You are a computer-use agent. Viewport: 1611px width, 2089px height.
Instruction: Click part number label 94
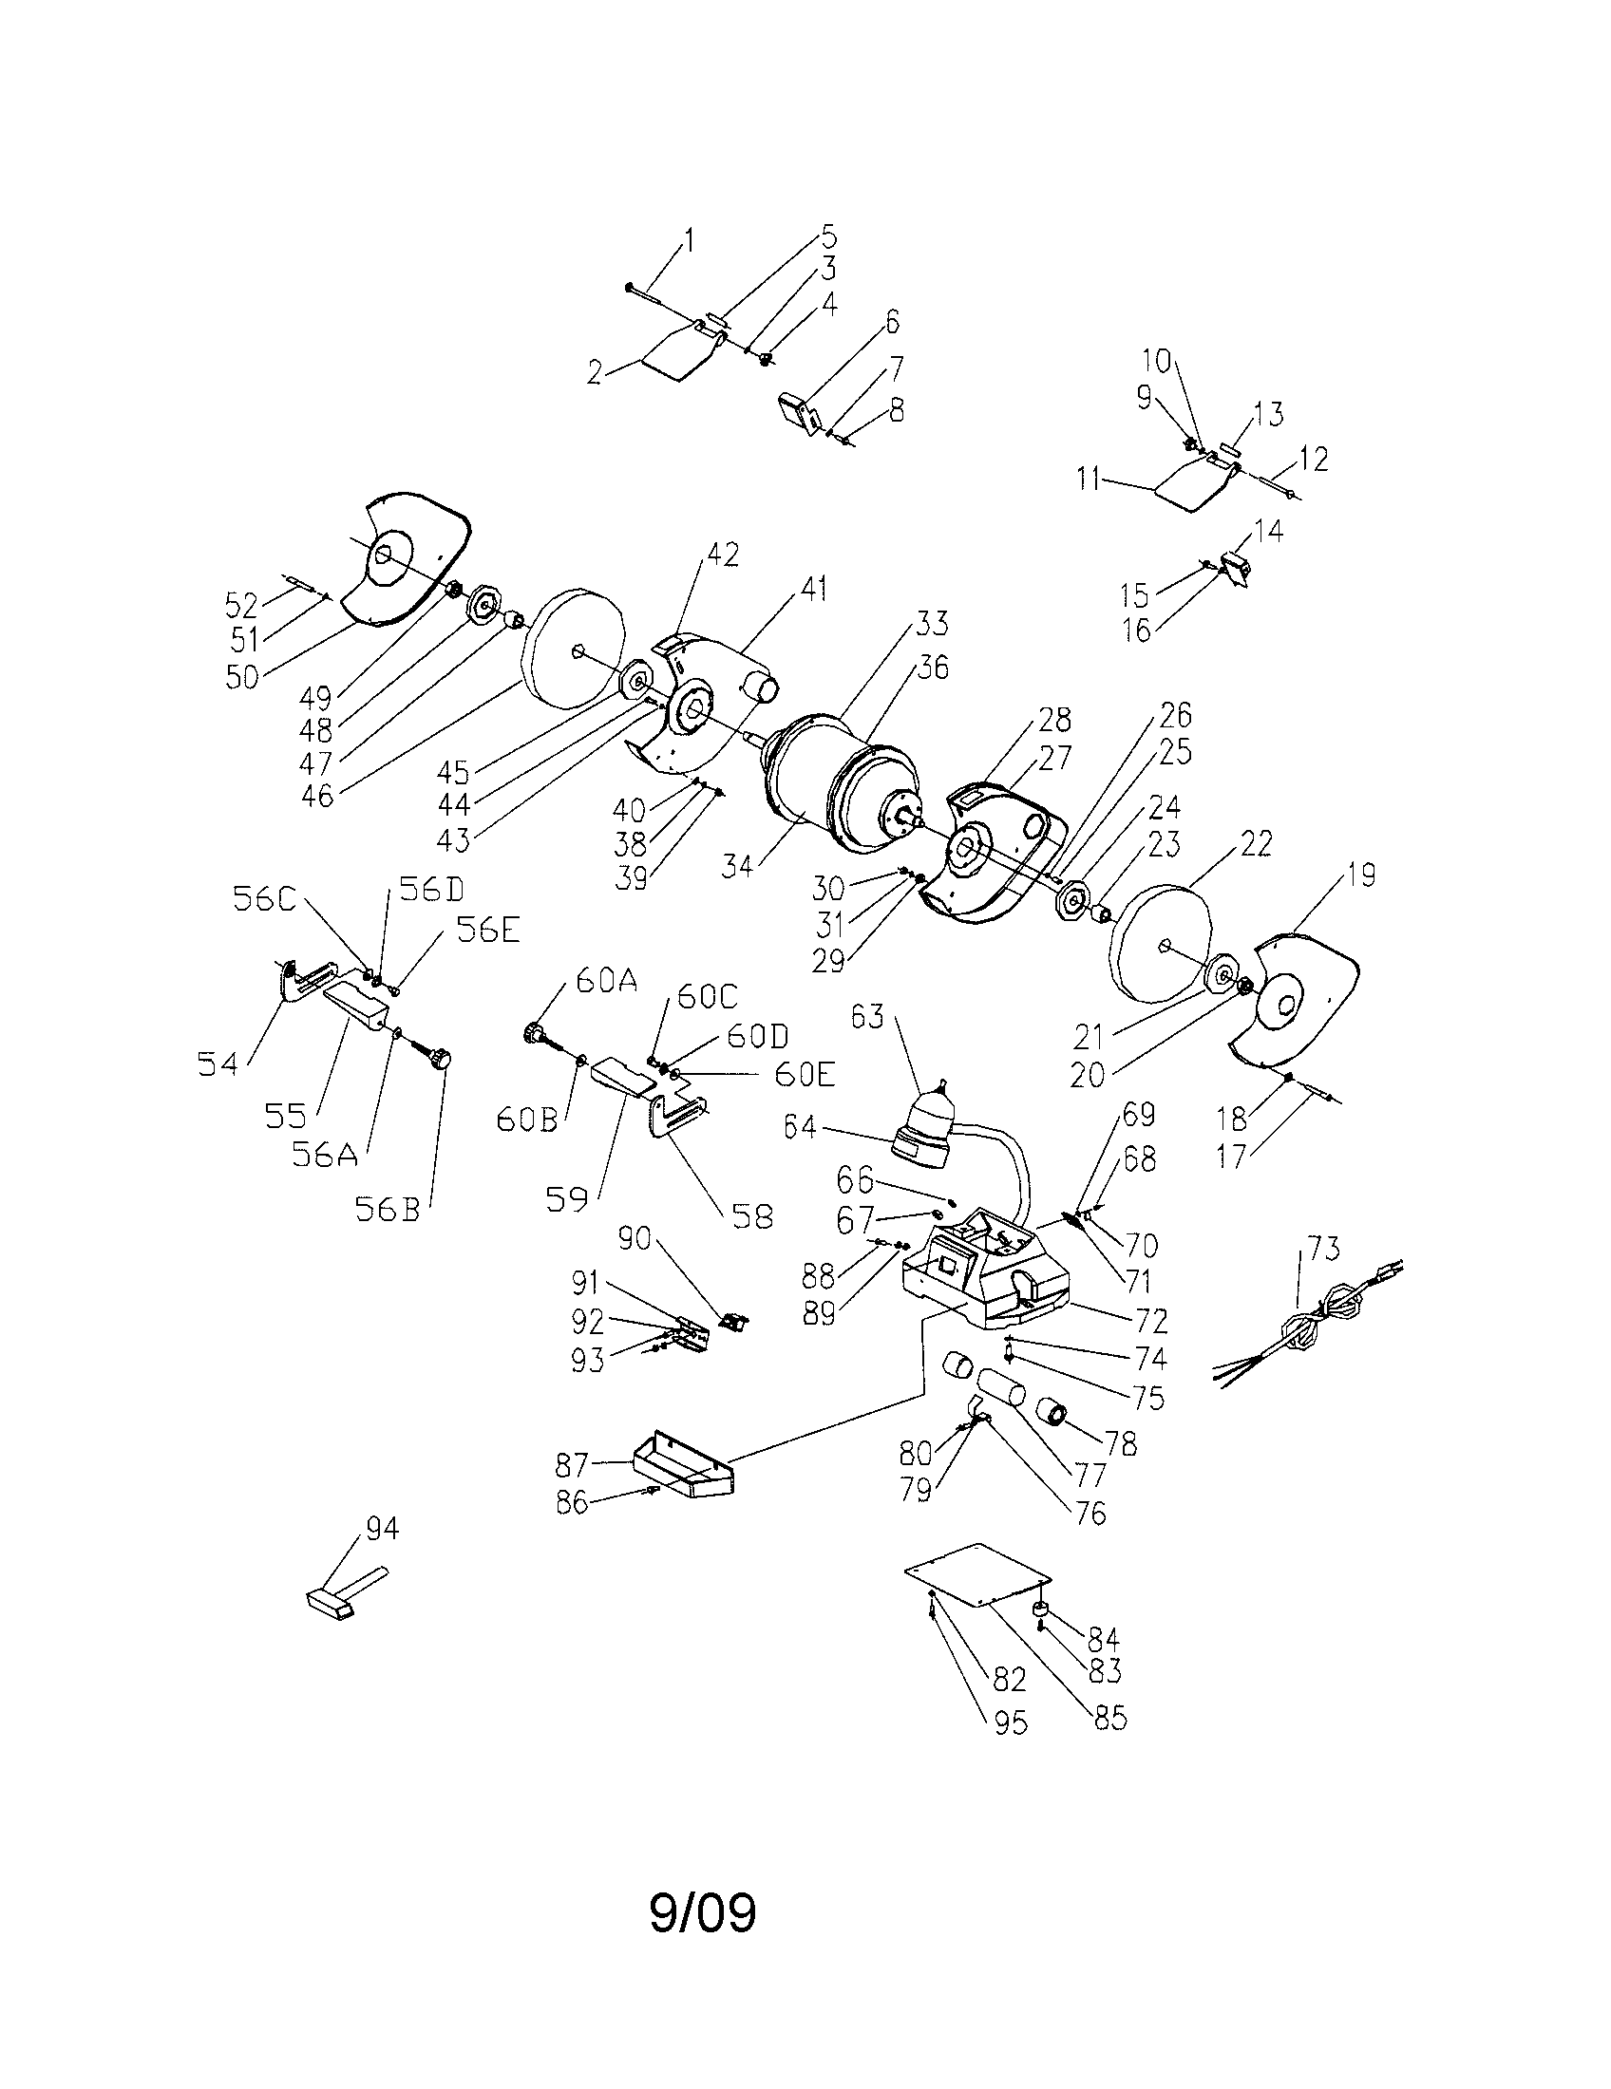(x=383, y=1530)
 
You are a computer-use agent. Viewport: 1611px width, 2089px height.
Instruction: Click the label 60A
(x=606, y=982)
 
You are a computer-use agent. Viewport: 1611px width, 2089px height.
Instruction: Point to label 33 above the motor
(x=931, y=624)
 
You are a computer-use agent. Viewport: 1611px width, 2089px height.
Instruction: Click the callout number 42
(x=723, y=555)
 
